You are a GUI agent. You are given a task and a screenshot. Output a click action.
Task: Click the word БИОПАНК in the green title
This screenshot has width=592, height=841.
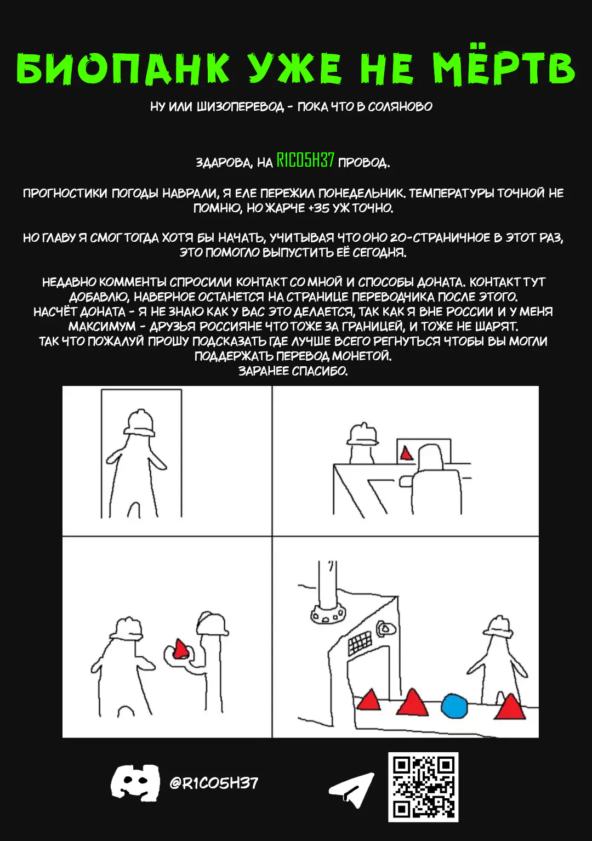[x=123, y=68]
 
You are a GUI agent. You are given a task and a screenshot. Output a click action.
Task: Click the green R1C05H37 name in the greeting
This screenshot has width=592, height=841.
[x=305, y=160]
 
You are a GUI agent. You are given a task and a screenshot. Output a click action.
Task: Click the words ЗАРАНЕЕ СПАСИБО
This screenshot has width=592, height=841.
[x=293, y=371]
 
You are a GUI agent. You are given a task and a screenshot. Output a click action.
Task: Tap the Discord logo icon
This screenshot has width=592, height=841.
[x=135, y=783]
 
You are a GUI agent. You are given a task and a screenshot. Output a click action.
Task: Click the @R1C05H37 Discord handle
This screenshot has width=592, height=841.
[x=214, y=783]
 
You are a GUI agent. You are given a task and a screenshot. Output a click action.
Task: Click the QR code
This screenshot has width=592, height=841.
[x=423, y=787]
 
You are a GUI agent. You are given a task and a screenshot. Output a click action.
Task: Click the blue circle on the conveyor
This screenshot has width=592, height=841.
[x=454, y=706]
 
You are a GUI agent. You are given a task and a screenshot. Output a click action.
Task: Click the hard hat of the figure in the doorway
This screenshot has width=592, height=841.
[x=140, y=422]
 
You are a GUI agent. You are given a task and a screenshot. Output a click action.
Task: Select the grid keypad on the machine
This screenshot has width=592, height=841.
[x=360, y=641]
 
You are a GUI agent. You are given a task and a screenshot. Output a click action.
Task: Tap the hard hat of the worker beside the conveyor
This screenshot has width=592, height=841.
[x=498, y=627]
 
